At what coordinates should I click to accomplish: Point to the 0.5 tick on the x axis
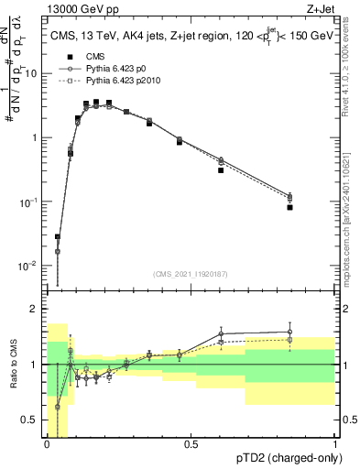191,443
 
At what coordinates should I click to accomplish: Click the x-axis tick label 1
333,443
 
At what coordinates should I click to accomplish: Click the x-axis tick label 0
48,443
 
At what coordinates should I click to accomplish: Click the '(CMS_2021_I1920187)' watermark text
191,273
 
